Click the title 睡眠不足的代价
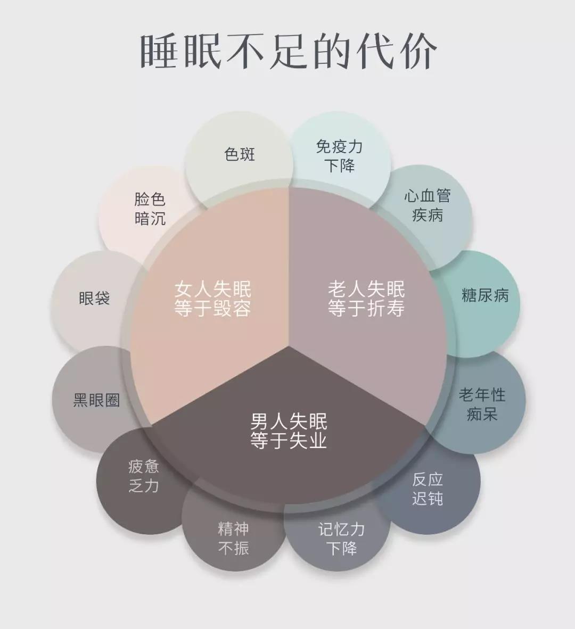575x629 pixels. coord(287,51)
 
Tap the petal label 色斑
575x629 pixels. coord(240,154)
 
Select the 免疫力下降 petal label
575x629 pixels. coord(340,156)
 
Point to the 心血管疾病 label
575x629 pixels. coord(428,206)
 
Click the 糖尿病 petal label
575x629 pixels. coord(485,296)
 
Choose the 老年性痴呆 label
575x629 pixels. coord(482,405)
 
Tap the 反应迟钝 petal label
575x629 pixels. coord(428,489)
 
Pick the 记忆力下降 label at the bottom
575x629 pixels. coord(341,539)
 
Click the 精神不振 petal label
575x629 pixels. coord(234,539)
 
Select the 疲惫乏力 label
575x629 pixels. coord(144,476)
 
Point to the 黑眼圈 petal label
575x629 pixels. coord(96,400)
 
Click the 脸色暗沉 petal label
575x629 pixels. coord(150,209)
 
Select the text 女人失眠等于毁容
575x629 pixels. coord(212,299)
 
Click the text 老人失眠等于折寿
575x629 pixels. coord(366,299)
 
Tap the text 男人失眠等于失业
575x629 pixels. coord(289,431)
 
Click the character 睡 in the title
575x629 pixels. coord(159,51)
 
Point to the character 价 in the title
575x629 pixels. coord(418,51)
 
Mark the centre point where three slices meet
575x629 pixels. coord(289,346)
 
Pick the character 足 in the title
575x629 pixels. coord(288,51)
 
